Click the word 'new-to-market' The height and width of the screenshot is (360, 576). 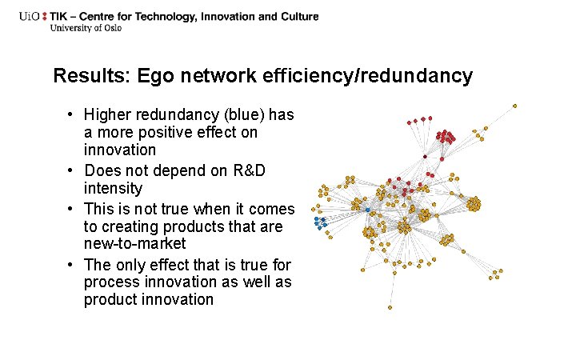[134, 243]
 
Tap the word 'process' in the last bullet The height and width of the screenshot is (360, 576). [108, 282]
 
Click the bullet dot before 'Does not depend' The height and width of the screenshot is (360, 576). [71, 170]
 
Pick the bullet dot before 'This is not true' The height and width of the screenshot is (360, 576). [71, 209]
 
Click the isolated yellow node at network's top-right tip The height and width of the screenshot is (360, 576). [514, 106]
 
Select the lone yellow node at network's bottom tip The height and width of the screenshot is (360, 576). [390, 307]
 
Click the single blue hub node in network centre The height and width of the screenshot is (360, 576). [368, 210]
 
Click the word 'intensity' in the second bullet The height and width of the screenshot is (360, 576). [113, 189]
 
